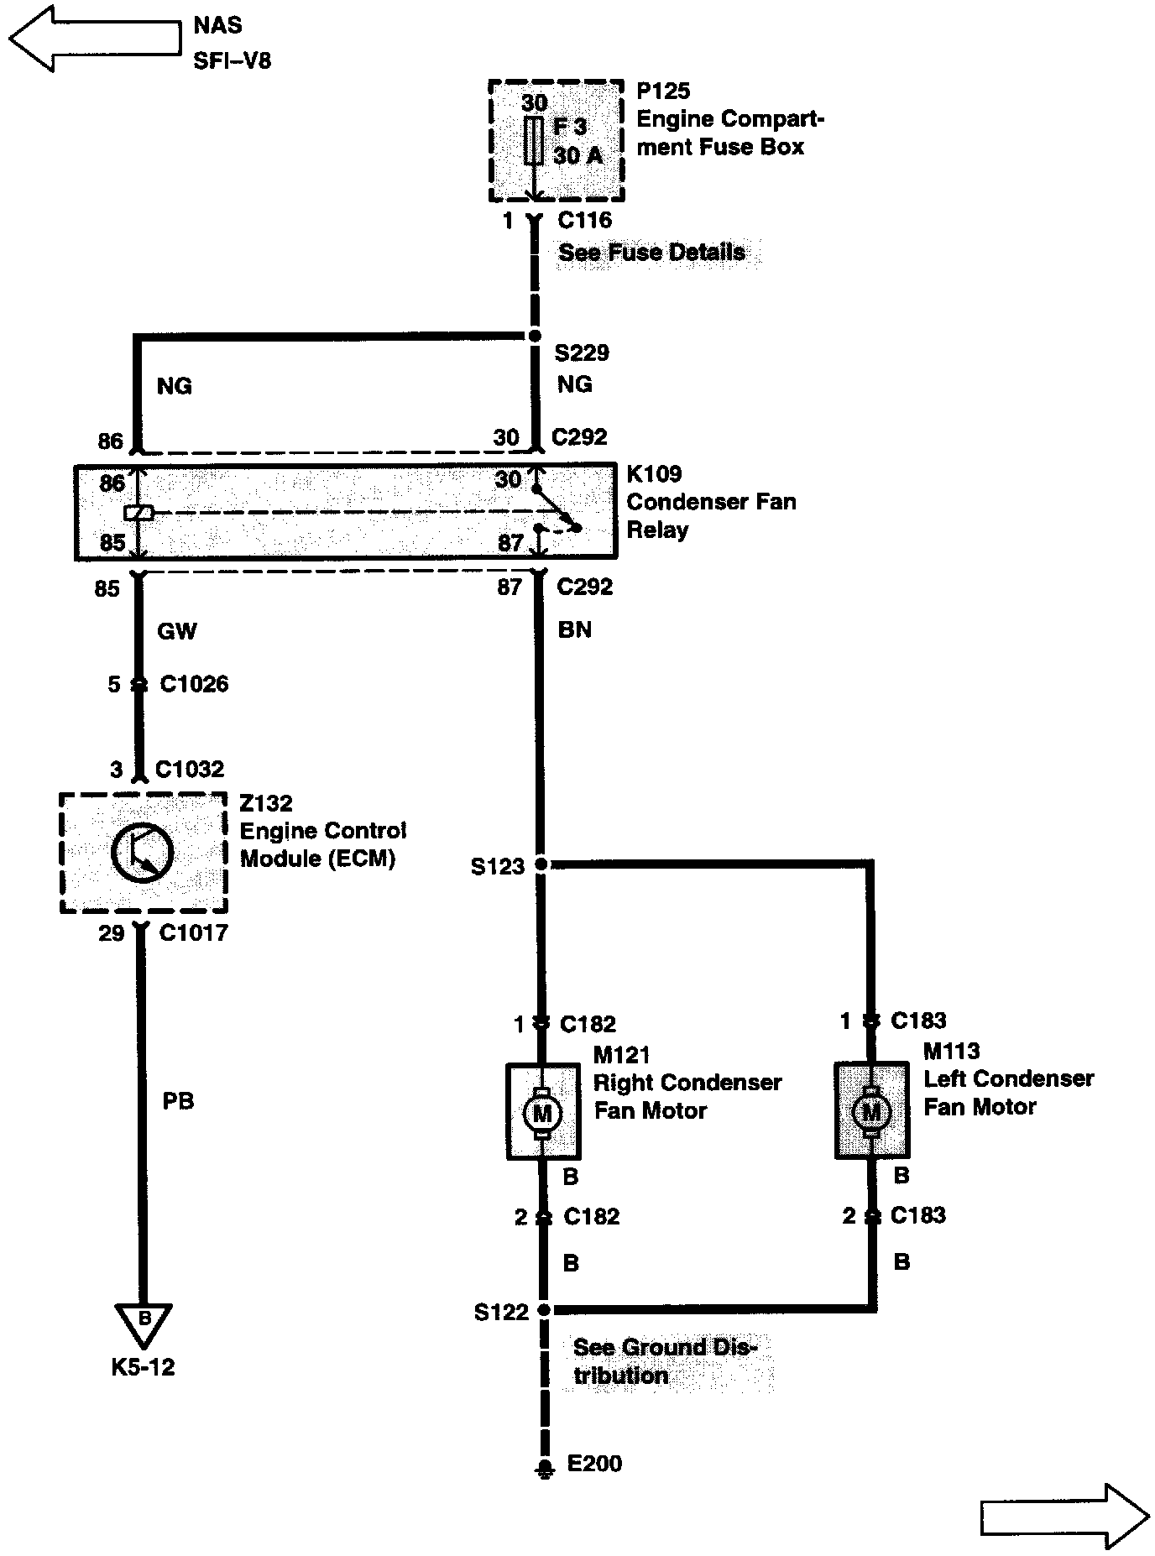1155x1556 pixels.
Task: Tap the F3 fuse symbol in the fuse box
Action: pyautogui.click(x=533, y=141)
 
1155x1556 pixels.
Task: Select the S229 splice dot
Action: pyautogui.click(x=535, y=337)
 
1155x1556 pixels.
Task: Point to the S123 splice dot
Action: pyautogui.click(x=541, y=864)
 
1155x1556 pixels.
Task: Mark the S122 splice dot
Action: pyautogui.click(x=544, y=1309)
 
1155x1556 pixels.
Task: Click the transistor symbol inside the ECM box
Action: pyautogui.click(x=142, y=853)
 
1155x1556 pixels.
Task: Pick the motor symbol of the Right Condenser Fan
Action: pyautogui.click(x=542, y=1113)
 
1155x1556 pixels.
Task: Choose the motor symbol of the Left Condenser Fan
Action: pyautogui.click(x=871, y=1111)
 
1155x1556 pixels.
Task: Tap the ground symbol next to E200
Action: pyautogui.click(x=545, y=1467)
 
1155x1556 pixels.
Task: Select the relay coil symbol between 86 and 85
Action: pyautogui.click(x=138, y=512)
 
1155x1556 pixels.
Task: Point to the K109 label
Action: pyautogui.click(x=654, y=474)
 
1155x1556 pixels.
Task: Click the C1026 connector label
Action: pyautogui.click(x=194, y=685)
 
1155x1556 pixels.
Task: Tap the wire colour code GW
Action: pyautogui.click(x=176, y=631)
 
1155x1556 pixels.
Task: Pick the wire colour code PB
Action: pyautogui.click(x=178, y=1100)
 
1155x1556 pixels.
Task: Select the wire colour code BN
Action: pyautogui.click(x=575, y=629)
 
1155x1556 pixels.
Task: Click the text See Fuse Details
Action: pyautogui.click(x=651, y=253)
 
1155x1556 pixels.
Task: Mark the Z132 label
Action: pyautogui.click(x=266, y=803)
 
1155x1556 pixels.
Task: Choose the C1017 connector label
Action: pyautogui.click(x=192, y=932)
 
